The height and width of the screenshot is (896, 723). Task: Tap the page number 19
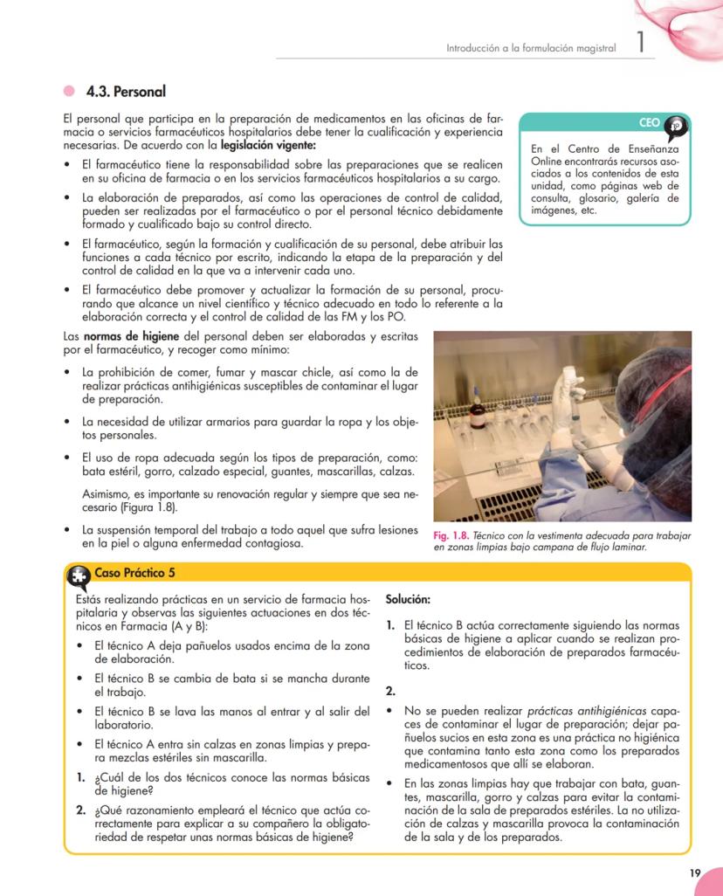click(694, 872)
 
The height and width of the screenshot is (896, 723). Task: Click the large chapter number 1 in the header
click(641, 45)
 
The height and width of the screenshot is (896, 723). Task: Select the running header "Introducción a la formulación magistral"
click(531, 48)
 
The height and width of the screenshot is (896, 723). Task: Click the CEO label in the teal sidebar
click(650, 124)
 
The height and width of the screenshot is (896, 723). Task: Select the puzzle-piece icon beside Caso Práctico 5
click(78, 575)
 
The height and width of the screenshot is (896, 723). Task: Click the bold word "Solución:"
click(408, 600)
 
